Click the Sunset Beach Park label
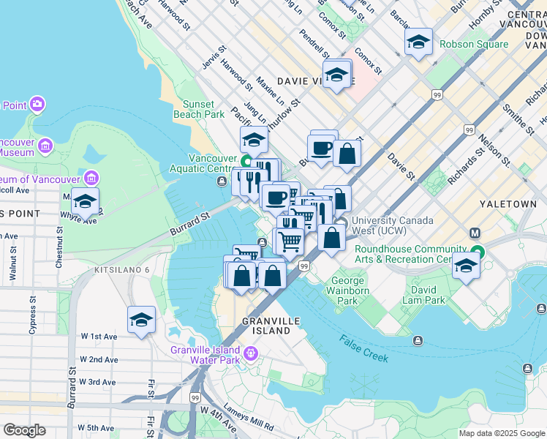coord(198,109)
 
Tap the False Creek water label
coord(363,349)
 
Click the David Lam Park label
coord(423,295)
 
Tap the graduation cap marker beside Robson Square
coord(418,42)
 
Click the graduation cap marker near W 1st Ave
coord(141,320)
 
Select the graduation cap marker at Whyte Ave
coord(85,202)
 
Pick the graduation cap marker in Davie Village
coord(336,75)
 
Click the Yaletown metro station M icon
coord(475,233)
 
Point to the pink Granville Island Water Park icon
coord(251,354)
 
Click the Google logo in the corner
coord(25,430)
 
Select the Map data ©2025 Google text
coord(501,433)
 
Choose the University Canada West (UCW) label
coord(393,225)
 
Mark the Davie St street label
coord(401,167)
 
